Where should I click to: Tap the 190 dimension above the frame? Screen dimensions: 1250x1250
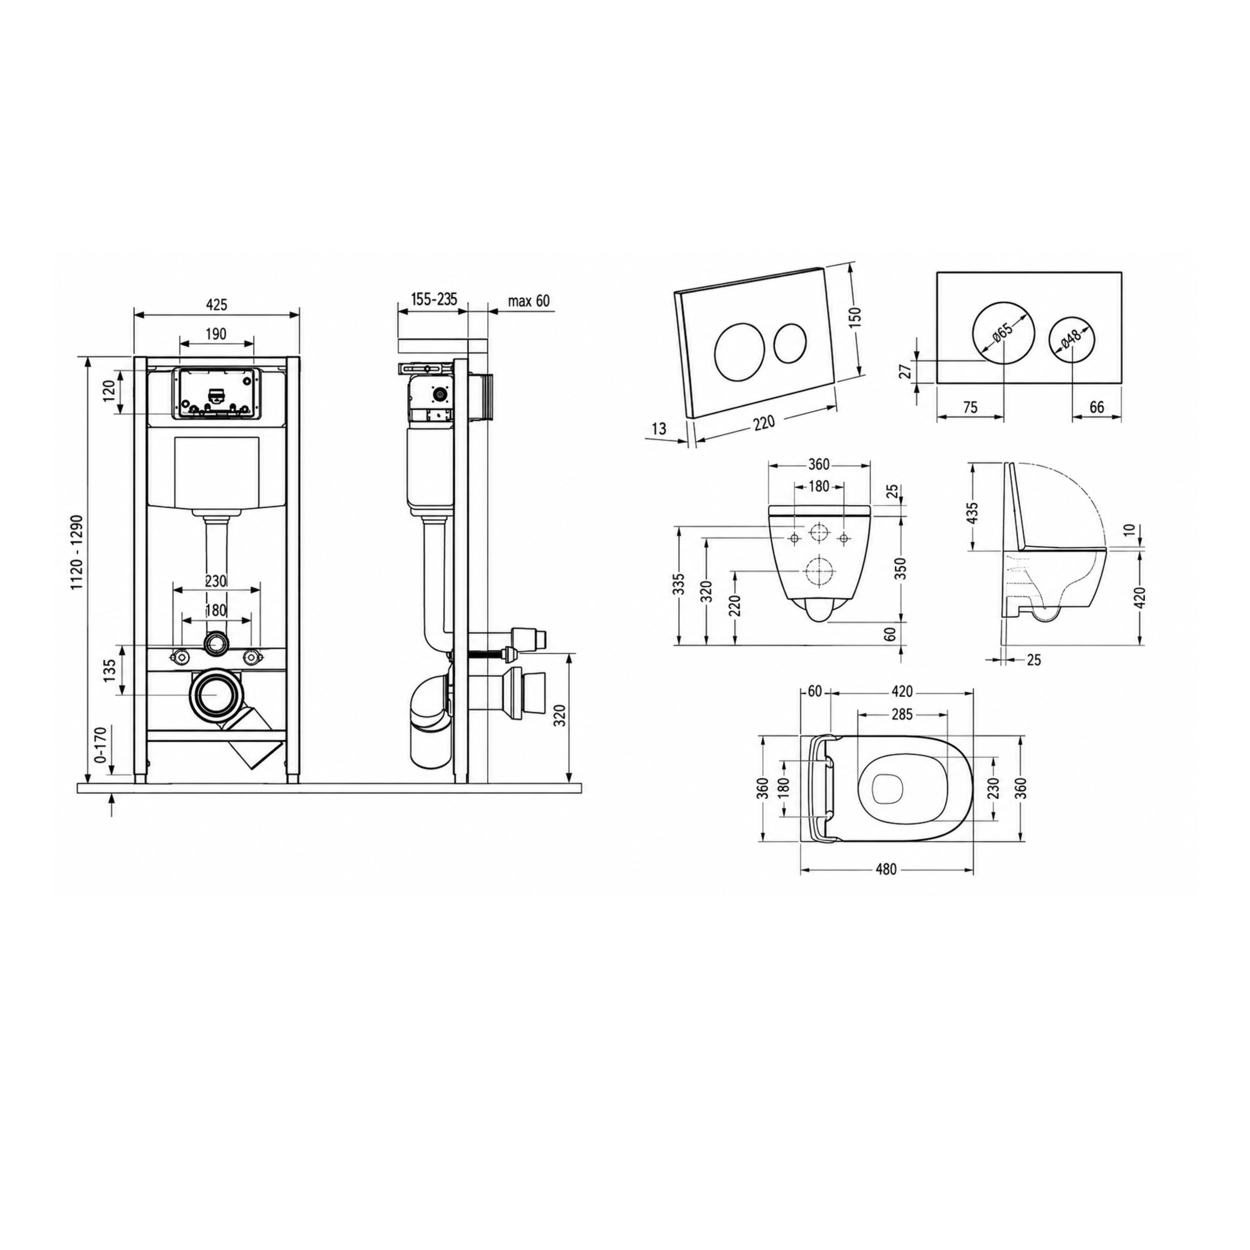[216, 334]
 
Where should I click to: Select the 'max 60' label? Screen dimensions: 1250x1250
[529, 301]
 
